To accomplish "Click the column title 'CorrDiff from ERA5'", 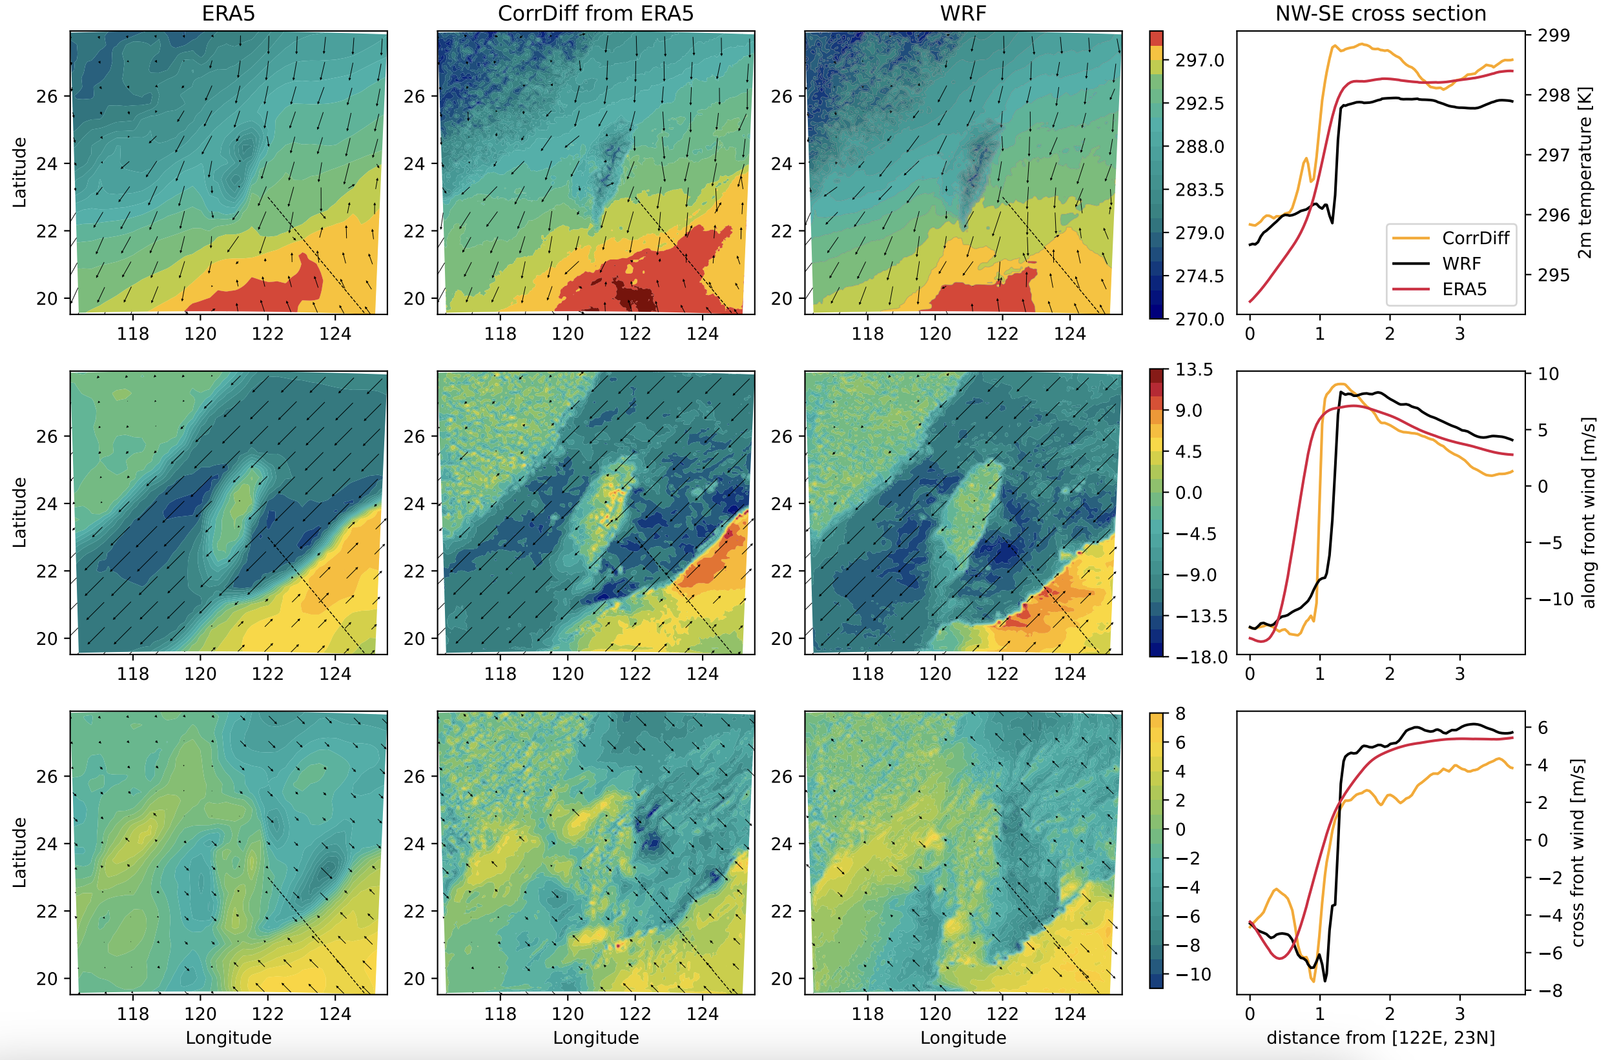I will pos(595,14).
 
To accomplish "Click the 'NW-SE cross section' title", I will pos(1380,14).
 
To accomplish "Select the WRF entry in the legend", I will pos(1461,263).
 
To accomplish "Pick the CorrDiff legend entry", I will pos(1475,238).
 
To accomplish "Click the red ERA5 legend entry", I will pos(1464,289).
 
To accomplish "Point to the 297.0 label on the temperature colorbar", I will pos(1199,60).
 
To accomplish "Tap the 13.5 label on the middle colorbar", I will pos(1193,370).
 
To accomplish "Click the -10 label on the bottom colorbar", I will pos(1193,974).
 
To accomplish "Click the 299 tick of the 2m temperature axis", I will pos(1553,35).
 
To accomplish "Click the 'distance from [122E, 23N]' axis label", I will pos(1380,1037).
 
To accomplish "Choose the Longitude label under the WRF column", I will pos(963,1037).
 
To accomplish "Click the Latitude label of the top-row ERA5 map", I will pos(19,172).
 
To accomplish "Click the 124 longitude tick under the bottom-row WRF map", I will pos(1070,1014).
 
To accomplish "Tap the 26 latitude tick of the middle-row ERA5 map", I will pos(47,436).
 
